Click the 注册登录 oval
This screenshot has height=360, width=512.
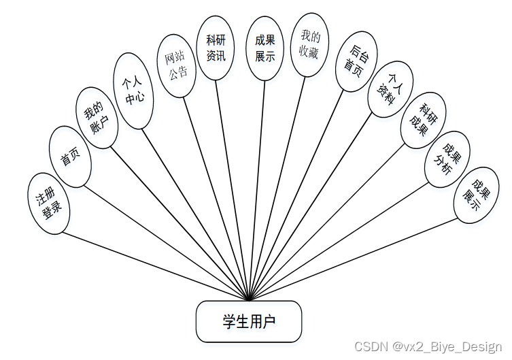(49, 203)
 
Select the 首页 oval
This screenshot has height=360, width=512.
(70, 157)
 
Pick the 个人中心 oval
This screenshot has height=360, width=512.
(133, 91)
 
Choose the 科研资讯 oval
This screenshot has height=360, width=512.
(216, 48)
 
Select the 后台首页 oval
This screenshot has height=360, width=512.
(356, 61)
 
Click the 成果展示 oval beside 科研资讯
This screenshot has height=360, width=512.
(264, 48)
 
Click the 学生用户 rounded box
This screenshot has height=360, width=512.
(249, 321)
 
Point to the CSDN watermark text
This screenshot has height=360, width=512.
(431, 346)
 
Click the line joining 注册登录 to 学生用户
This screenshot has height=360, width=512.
(156, 266)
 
